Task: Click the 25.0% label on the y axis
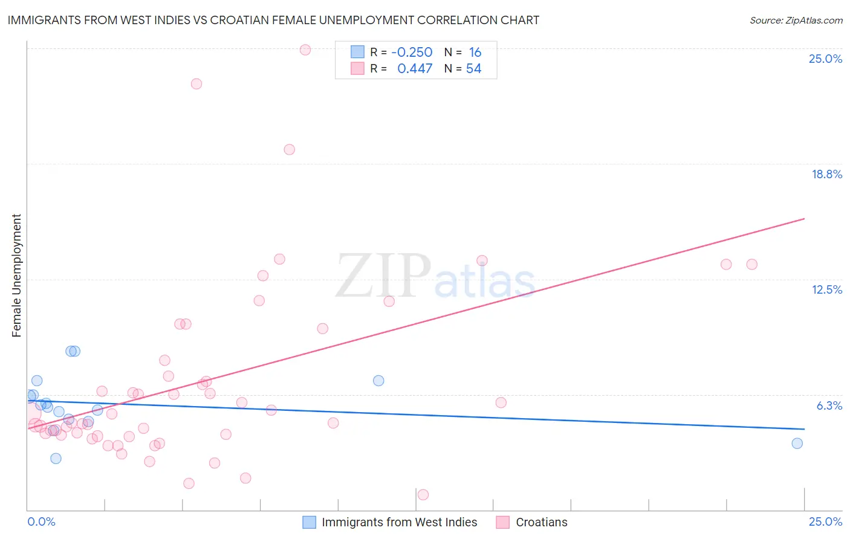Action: click(825, 59)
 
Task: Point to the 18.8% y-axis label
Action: click(826, 174)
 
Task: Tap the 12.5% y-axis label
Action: click(826, 289)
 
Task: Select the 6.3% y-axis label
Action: click(829, 405)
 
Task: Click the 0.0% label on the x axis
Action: click(41, 521)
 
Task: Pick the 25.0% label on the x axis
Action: click(825, 521)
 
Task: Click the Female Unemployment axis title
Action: click(17, 275)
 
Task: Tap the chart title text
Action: click(273, 20)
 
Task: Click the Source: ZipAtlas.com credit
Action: click(796, 21)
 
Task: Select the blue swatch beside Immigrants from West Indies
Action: click(310, 522)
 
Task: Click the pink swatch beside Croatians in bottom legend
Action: click(503, 522)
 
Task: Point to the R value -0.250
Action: click(412, 53)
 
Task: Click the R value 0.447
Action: click(415, 69)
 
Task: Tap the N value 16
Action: click(475, 53)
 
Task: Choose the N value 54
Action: click(473, 69)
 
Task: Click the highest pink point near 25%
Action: click(305, 50)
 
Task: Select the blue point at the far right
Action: click(797, 444)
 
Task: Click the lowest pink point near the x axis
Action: click(423, 495)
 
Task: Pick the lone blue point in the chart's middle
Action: click(378, 381)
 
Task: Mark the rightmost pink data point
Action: click(752, 264)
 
